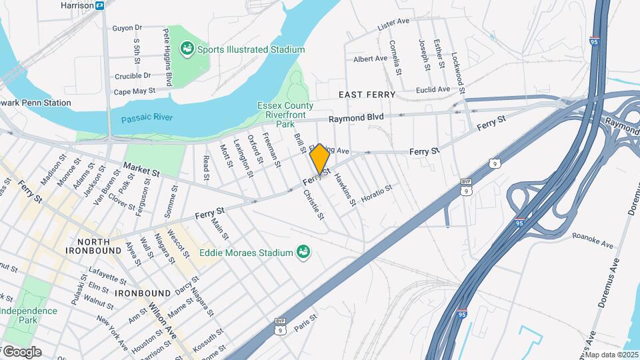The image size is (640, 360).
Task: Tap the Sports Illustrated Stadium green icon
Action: [187, 49]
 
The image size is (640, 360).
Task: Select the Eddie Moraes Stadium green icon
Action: [303, 252]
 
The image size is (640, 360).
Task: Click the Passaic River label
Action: [147, 118]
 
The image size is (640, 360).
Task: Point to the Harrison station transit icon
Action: [100, 5]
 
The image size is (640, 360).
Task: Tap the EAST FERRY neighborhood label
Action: [367, 95]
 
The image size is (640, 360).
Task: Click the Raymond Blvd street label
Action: [357, 117]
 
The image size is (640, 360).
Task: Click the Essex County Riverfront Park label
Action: [285, 115]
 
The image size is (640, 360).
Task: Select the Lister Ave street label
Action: [393, 25]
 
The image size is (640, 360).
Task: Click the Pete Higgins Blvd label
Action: [168, 57]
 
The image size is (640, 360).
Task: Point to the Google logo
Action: [21, 351]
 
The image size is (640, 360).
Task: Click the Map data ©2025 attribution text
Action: [612, 355]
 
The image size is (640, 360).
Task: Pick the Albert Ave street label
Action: [371, 59]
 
